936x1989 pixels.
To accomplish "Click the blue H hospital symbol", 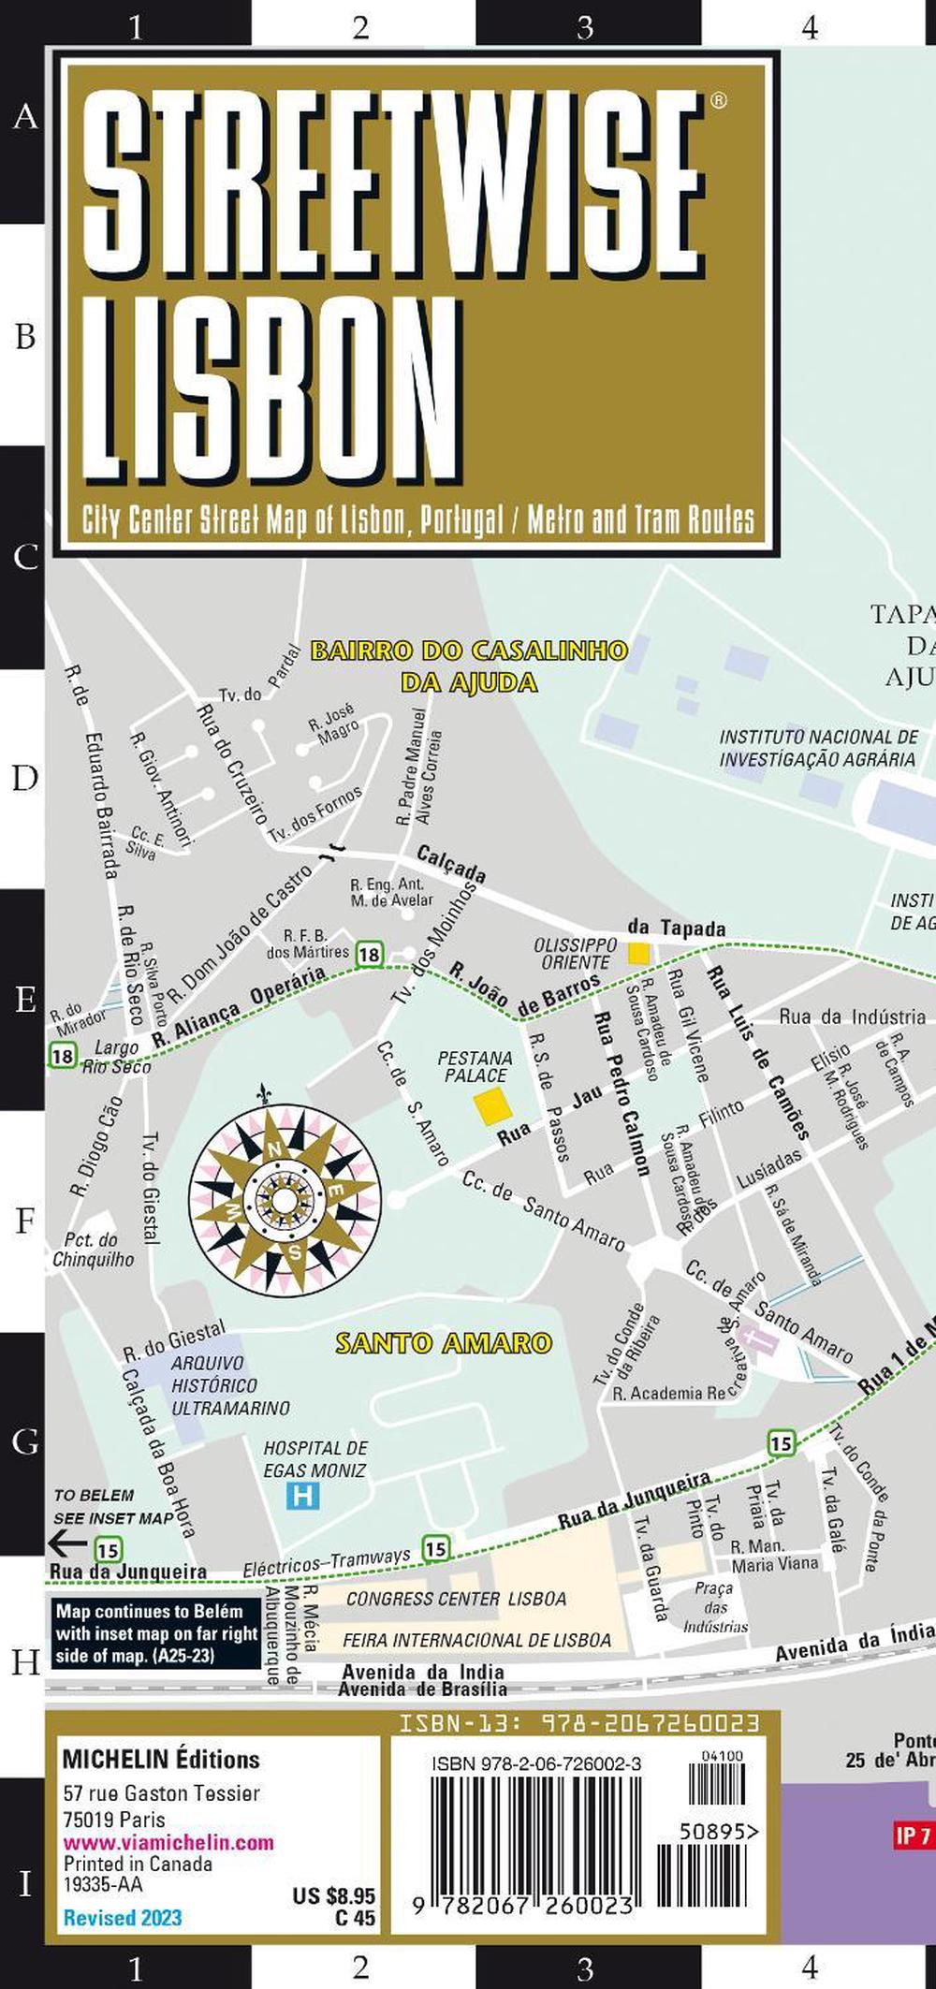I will click(x=302, y=1496).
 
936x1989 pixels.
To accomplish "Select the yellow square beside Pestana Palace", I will click(x=492, y=1106).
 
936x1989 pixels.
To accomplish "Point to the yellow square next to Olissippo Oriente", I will click(x=638, y=953).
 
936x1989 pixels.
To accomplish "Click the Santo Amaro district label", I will click(x=444, y=1343).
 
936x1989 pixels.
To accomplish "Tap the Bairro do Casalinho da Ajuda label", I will click(x=468, y=665).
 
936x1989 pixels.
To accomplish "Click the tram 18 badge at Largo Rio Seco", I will click(x=62, y=1057).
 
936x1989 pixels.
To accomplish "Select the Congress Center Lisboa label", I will click(x=456, y=1599).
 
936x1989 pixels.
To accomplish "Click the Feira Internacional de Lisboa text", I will click(x=476, y=1640).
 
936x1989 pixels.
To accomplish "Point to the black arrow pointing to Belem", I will click(x=67, y=1543).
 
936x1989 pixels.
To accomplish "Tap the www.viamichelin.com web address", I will click(x=168, y=1842).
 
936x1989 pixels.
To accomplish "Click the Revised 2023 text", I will click(x=123, y=1917).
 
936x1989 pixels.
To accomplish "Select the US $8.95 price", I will click(x=334, y=1896).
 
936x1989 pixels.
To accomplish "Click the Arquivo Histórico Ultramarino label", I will click(x=229, y=1385).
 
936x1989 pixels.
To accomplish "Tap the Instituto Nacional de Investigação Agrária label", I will click(x=818, y=748).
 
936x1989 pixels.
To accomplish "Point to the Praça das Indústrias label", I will click(x=715, y=1607).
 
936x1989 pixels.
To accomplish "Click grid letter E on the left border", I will click(x=25, y=1000).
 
